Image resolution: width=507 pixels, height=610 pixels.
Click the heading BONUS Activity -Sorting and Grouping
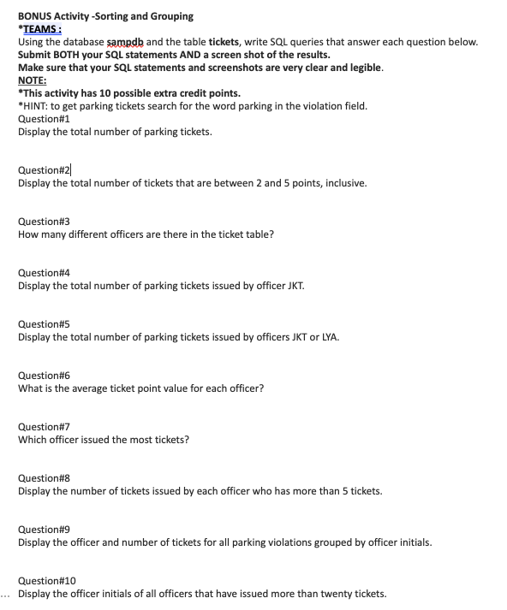[105, 15]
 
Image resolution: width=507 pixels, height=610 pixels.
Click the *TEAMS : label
[41, 28]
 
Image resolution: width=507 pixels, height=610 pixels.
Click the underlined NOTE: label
[33, 80]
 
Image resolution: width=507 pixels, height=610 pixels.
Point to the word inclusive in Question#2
[346, 183]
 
